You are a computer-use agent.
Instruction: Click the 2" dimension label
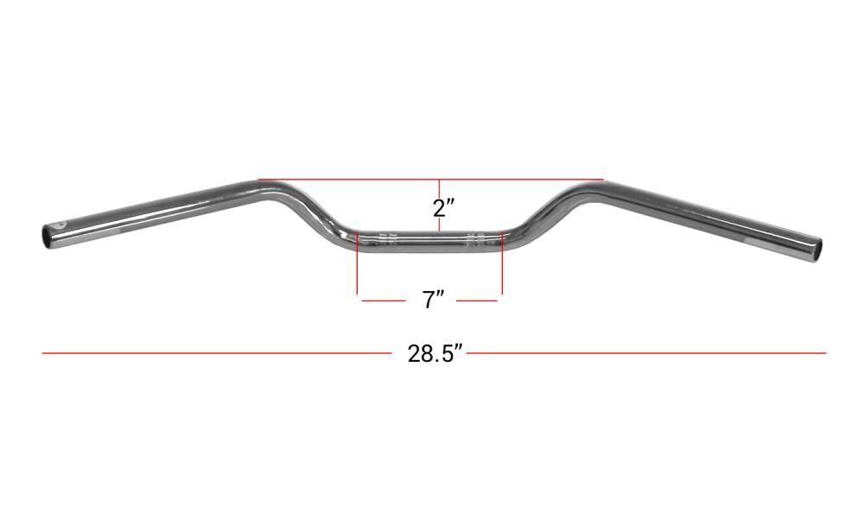443,207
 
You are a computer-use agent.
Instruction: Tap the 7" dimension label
434,301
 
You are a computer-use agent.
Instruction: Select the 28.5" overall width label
435,354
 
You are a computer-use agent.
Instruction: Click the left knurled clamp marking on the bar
388,239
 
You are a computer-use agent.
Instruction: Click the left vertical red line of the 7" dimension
358,263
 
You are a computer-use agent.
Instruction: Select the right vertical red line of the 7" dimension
502,263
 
